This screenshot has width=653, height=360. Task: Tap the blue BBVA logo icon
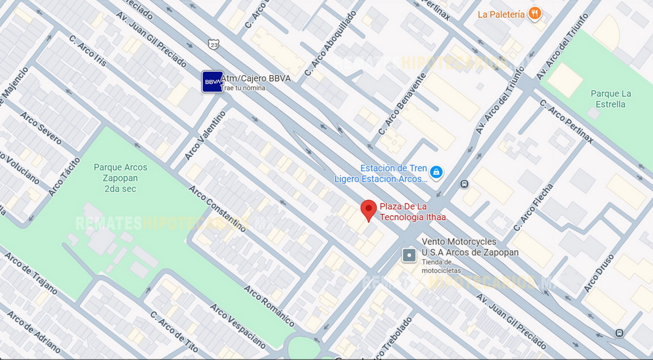[x=212, y=82]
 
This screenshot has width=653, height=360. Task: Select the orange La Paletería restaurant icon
[x=535, y=14]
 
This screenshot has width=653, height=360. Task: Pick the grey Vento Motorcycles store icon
[x=409, y=255]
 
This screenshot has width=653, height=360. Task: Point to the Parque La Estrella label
[x=611, y=98]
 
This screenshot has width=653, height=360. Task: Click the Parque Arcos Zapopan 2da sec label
[x=120, y=178]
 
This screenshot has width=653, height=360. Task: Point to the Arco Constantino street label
[x=217, y=208]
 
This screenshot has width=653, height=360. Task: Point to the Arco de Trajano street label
[x=31, y=273]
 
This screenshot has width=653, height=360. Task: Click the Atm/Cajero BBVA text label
[x=255, y=78]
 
